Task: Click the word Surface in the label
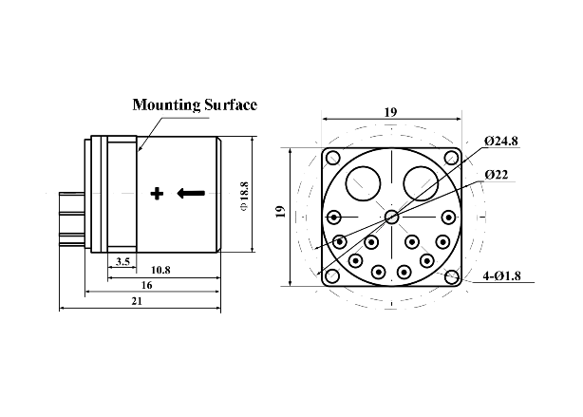coord(230,104)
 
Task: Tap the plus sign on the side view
coord(158,194)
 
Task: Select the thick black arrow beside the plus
coord(191,194)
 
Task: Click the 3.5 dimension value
coord(122,260)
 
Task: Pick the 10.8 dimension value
coord(160,271)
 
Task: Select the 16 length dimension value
coord(146,285)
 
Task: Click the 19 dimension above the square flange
coord(390,112)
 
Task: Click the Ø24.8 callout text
coord(500,141)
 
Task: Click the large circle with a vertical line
coord(362,180)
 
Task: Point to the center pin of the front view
coord(391,218)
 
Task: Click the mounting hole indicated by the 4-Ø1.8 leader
coord(452,277)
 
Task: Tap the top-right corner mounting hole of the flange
coord(452,157)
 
